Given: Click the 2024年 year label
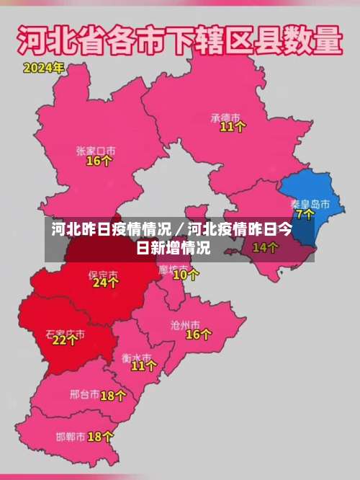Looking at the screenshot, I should coord(43,69).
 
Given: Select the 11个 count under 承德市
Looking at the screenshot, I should coord(233,127).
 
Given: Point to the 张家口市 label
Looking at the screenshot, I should coord(96,151).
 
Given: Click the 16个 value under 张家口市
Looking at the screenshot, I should coord(99,161).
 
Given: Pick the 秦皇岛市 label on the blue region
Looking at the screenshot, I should coord(310,204).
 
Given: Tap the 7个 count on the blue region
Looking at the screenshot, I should coord(305,214).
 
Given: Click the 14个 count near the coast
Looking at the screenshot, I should coord(265,247).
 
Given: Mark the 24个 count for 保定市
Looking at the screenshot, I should coord(105,283).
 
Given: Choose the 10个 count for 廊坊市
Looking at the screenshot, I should coord(186,274).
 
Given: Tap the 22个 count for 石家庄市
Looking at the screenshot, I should coord(65,340).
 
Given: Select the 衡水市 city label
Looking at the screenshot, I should coord(137,357).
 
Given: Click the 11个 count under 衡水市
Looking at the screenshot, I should coord(144,365).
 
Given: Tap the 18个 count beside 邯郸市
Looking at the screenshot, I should coord(100,437).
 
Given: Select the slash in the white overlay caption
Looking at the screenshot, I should coord(180,231).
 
